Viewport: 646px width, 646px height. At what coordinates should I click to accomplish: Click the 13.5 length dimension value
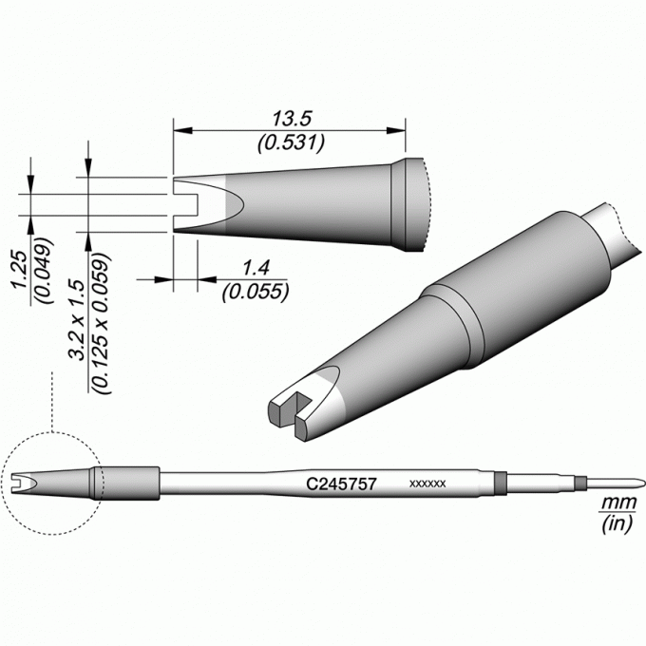click(x=292, y=119)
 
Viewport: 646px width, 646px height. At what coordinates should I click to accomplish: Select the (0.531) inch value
click(x=292, y=142)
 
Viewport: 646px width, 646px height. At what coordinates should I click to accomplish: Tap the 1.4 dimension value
click(x=256, y=268)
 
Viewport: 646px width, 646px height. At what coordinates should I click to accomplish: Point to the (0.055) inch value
click(x=256, y=292)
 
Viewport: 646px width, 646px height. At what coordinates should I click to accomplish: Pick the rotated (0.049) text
click(x=44, y=270)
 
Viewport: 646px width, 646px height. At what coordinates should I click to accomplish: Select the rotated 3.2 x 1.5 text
click(x=77, y=320)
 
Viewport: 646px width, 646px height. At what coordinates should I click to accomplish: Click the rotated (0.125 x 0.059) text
click(x=101, y=323)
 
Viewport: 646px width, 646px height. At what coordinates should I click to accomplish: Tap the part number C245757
click(x=342, y=484)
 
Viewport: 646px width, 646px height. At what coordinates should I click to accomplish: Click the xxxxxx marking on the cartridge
click(x=427, y=484)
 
